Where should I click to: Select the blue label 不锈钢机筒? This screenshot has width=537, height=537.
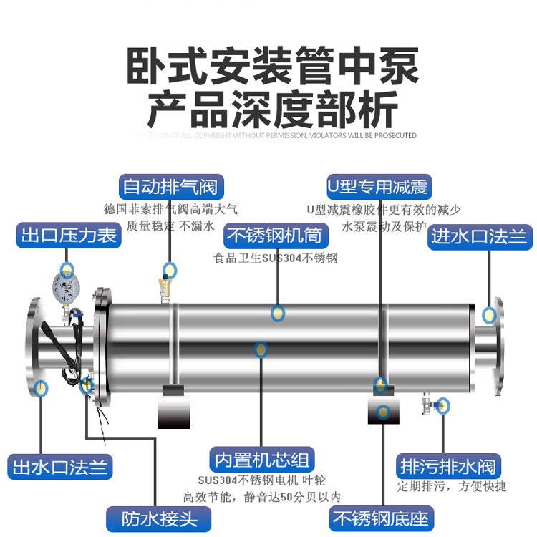[274, 236]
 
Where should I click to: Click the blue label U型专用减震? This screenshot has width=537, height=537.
[377, 188]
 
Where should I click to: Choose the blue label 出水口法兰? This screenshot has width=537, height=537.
[59, 468]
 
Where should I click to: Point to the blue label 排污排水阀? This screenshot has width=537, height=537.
[447, 467]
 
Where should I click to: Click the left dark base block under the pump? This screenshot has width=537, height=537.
[174, 408]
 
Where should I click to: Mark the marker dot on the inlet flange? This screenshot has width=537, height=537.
[490, 315]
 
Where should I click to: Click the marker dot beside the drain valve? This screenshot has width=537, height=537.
[443, 405]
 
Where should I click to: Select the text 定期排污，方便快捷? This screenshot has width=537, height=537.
[452, 487]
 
